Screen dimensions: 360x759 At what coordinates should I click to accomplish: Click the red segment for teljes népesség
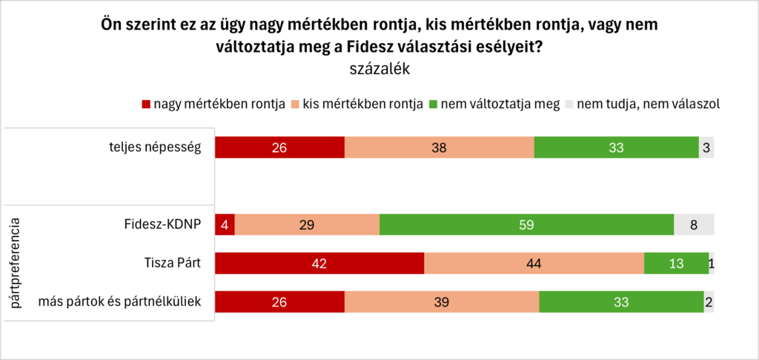pos(279,147)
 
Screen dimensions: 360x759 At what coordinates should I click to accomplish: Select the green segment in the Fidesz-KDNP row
pos(526,224)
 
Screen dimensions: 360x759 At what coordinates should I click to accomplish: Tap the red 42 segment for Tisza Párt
pos(319,263)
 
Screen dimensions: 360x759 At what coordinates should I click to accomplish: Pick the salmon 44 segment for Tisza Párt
pos(534,263)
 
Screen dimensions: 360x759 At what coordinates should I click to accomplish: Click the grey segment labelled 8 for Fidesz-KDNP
pos(693,224)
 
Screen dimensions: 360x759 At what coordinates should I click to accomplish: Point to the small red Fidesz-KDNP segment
pos(225,224)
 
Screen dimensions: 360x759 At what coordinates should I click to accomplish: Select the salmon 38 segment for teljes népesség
pos(439,147)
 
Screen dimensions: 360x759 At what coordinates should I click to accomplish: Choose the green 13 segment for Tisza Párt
pos(676,263)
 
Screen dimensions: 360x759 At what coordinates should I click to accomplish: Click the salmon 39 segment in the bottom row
pos(442,301)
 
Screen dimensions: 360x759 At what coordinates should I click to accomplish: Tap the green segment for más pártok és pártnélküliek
pos(620,301)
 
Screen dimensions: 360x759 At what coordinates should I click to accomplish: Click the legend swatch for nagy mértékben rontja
pos(146,104)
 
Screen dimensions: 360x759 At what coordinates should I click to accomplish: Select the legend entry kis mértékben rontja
pos(365,104)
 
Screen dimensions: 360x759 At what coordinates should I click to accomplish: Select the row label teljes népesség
pos(154,147)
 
